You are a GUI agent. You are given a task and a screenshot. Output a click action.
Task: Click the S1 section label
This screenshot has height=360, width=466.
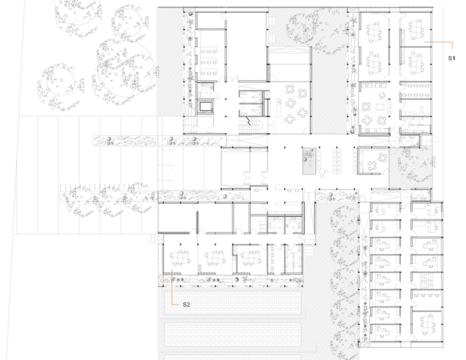(452, 59)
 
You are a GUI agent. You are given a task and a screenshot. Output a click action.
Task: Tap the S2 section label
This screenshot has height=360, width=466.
(186, 304)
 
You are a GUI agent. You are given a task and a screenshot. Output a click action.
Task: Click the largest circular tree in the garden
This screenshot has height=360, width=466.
(125, 71)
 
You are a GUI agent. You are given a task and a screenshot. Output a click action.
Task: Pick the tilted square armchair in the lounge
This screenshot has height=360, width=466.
(382, 96)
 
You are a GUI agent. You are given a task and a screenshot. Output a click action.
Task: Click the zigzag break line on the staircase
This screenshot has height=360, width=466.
(248, 121)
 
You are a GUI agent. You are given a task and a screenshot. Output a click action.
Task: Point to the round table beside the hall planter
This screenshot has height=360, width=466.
(322, 172)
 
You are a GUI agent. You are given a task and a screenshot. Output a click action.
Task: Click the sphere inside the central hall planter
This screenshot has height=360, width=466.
(305, 160)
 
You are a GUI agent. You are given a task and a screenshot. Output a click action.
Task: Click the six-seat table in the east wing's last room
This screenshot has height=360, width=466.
(426, 322)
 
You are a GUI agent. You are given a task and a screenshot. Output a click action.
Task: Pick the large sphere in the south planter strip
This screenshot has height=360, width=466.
(237, 280)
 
